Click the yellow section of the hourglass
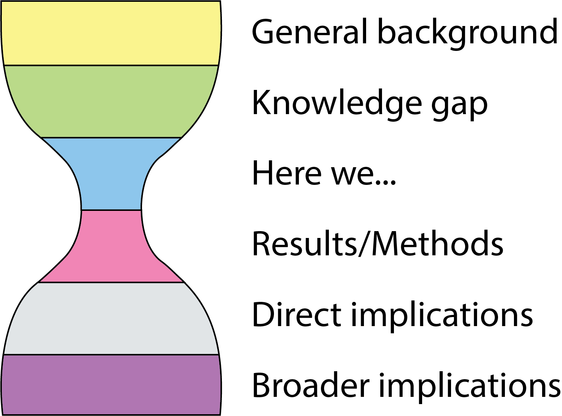pyautogui.click(x=111, y=33)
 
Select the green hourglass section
pyautogui.click(x=111, y=101)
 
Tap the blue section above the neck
pyautogui.click(x=111, y=173)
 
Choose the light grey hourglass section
pyautogui.click(x=111, y=318)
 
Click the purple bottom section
pyautogui.click(x=111, y=385)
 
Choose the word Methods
pyautogui.click(x=437, y=244)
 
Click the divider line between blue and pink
pyautogui.click(x=111, y=210)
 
